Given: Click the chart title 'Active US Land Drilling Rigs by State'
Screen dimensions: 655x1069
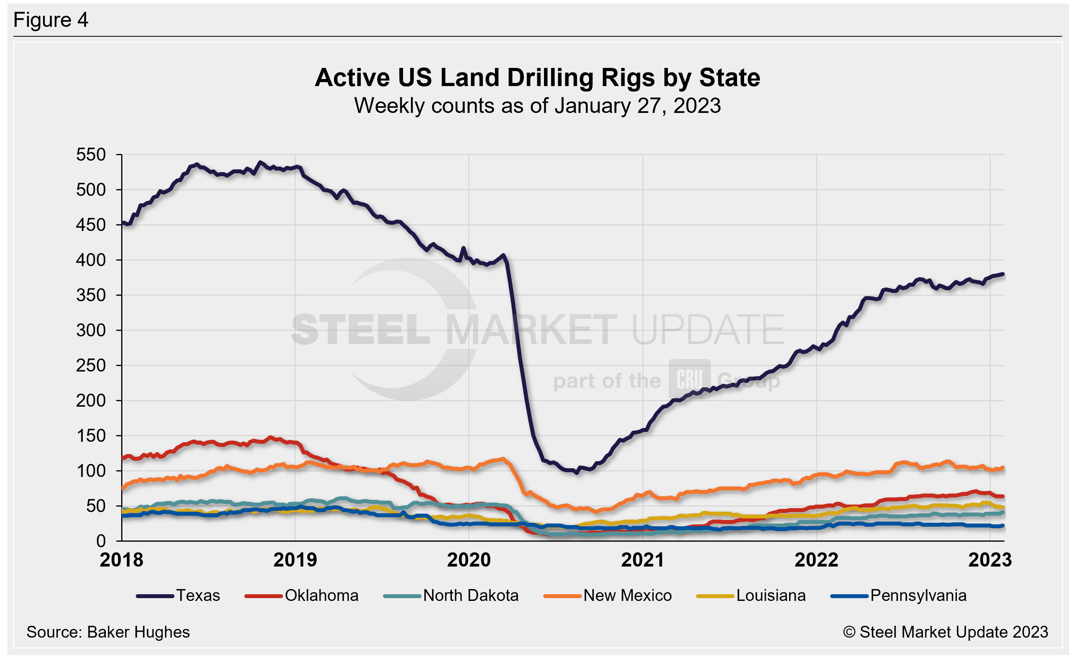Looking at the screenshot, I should (537, 78).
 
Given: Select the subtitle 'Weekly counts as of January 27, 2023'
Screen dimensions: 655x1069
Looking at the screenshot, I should (537, 106).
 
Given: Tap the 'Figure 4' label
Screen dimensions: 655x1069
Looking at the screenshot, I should (51, 20).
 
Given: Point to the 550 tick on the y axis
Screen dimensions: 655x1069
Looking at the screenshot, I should (91, 155).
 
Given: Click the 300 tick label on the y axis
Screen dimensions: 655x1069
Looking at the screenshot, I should (91, 330).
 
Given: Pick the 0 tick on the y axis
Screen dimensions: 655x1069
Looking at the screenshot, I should (101, 541).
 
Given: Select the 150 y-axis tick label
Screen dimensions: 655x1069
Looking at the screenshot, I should (91, 436).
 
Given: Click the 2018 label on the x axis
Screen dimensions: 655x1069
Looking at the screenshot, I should (122, 560).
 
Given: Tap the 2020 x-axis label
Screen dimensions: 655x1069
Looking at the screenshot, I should (469, 560).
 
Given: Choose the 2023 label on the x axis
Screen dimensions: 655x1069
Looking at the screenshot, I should (990, 560).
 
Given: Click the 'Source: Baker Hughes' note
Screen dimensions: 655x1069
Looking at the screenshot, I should (108, 632).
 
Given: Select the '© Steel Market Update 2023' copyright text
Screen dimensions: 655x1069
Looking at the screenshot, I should (945, 632).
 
